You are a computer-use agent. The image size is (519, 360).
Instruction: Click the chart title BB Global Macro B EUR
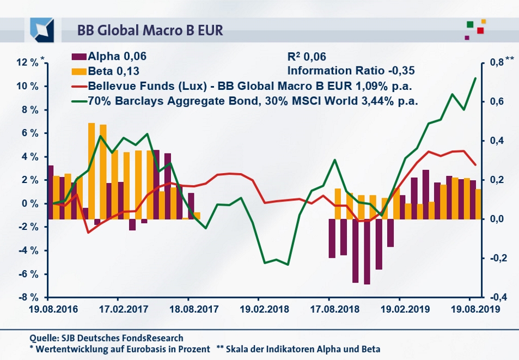(x=150, y=29)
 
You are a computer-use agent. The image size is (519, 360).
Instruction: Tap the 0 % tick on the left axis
(x=30, y=204)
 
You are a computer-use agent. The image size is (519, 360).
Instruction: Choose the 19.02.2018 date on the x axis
(x=259, y=308)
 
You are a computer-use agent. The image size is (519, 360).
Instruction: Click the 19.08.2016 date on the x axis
(x=48, y=308)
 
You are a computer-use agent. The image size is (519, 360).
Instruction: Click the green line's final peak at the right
(x=475, y=78)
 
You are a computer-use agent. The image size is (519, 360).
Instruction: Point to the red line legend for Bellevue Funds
(x=79, y=86)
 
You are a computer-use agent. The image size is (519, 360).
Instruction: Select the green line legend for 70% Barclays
(x=79, y=101)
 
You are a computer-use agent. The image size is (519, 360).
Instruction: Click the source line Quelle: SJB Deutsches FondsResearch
(x=106, y=338)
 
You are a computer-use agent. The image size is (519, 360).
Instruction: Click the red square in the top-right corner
(x=480, y=30)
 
